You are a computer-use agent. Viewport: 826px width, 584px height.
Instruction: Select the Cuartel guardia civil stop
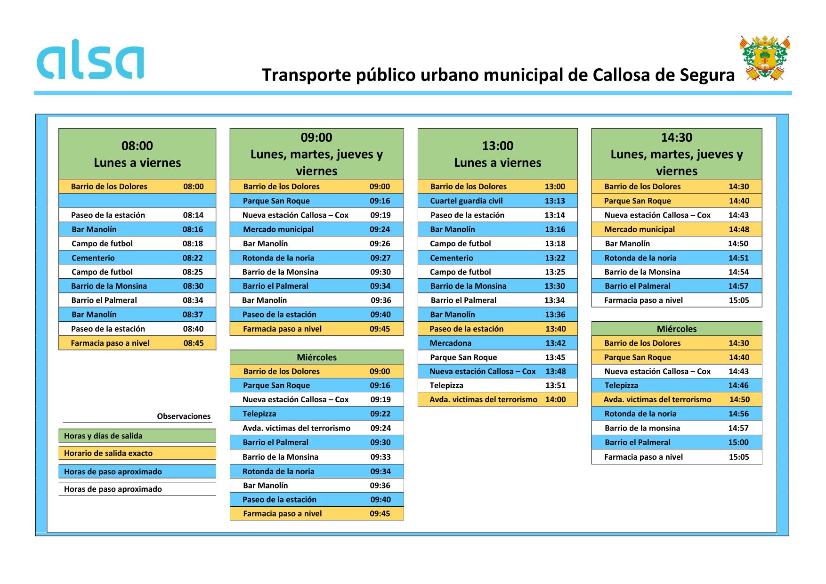tap(466, 201)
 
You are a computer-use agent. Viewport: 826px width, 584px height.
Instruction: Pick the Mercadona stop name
tap(450, 343)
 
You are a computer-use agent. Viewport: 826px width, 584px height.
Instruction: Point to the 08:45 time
tap(193, 343)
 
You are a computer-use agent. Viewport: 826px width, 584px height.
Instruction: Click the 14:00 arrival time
tap(555, 399)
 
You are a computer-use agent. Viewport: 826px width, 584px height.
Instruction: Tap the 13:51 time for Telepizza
tap(555, 385)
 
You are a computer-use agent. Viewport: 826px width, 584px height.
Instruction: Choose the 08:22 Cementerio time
tap(193, 258)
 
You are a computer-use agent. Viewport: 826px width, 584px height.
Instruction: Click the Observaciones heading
tap(184, 416)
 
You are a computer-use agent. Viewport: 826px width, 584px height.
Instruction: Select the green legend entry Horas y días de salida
tap(103, 436)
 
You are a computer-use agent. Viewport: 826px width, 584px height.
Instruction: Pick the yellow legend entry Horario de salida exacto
tap(108, 453)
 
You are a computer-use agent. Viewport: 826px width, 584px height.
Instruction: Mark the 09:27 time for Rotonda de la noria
tap(380, 258)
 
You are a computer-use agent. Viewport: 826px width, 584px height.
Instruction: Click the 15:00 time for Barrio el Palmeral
tap(738, 442)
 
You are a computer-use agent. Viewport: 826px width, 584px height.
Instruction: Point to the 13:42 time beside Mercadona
tap(555, 343)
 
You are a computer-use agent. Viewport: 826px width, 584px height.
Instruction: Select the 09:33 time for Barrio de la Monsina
tap(380, 457)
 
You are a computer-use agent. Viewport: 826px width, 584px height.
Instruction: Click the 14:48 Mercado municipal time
tap(738, 229)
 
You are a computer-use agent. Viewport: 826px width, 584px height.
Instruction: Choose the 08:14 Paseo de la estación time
tap(193, 215)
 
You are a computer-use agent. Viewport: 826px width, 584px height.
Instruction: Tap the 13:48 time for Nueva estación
tap(555, 371)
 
